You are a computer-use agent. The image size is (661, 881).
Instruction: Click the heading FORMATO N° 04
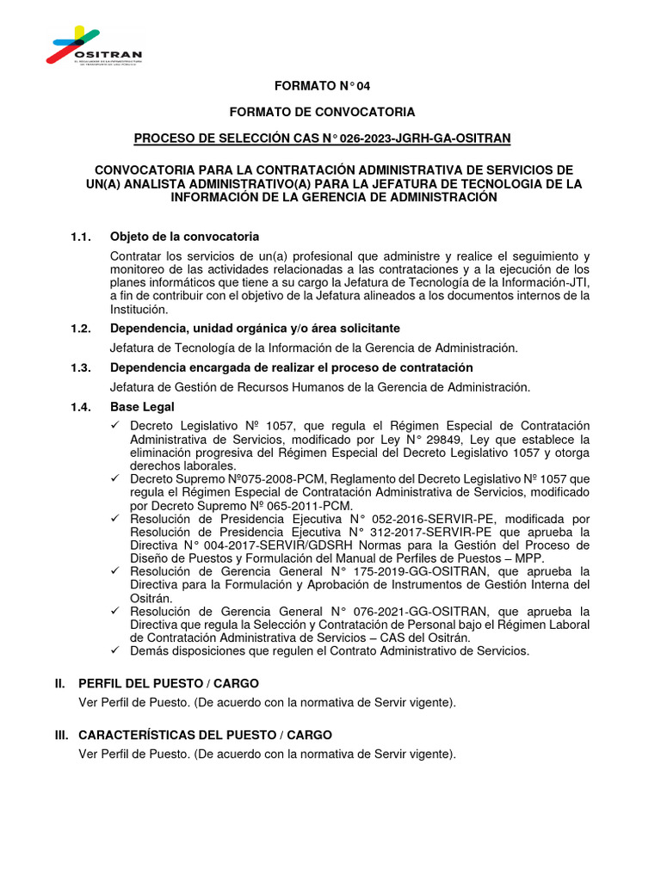click(321, 86)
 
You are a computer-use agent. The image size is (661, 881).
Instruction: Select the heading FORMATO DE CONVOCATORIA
click(321, 112)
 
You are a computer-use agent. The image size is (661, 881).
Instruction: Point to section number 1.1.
click(81, 237)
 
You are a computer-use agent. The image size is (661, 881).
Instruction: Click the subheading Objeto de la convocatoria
click(184, 237)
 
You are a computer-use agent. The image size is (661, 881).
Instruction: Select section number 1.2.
click(81, 329)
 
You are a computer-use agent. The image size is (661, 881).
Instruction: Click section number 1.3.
click(81, 367)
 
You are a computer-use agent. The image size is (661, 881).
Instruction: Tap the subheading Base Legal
click(142, 406)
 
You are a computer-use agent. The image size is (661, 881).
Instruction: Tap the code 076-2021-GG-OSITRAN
click(437, 611)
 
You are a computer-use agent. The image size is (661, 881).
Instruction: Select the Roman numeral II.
click(59, 684)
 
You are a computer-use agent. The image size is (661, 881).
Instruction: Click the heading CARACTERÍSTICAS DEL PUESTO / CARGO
click(205, 736)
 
